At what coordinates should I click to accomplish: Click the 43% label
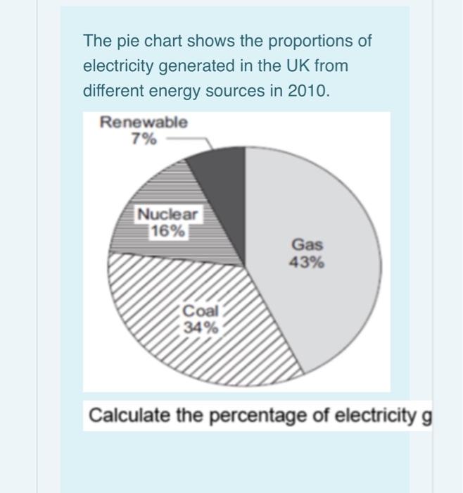(307, 262)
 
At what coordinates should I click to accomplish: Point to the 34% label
(201, 327)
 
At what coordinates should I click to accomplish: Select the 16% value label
(167, 232)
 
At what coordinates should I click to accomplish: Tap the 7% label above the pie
(144, 139)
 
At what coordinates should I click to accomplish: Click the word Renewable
(144, 122)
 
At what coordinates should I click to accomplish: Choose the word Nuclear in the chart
(167, 214)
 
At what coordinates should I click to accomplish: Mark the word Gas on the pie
(307, 245)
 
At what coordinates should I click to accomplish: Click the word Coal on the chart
(201, 311)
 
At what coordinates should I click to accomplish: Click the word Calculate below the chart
(129, 415)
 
